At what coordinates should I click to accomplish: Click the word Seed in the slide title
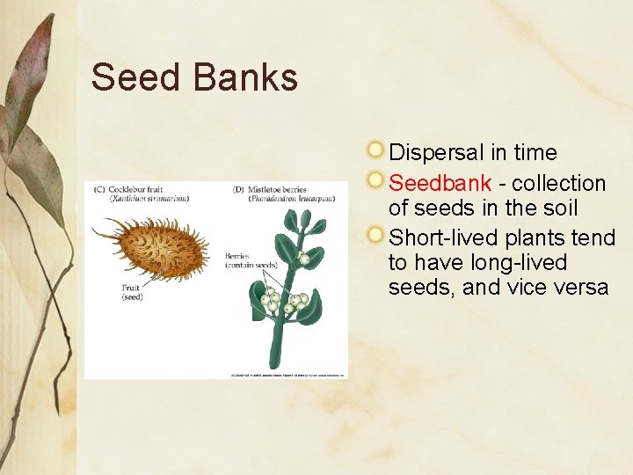coord(132,77)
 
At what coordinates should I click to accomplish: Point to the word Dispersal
coord(436,152)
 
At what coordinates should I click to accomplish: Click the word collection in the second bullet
coord(558,184)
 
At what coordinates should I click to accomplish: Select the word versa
coord(579,288)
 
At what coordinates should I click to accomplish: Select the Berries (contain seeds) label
coord(251,260)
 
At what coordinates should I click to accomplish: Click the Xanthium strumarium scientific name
coord(149,199)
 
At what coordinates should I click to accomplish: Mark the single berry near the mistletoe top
coord(303,259)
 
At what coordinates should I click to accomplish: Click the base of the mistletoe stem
coord(275,361)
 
